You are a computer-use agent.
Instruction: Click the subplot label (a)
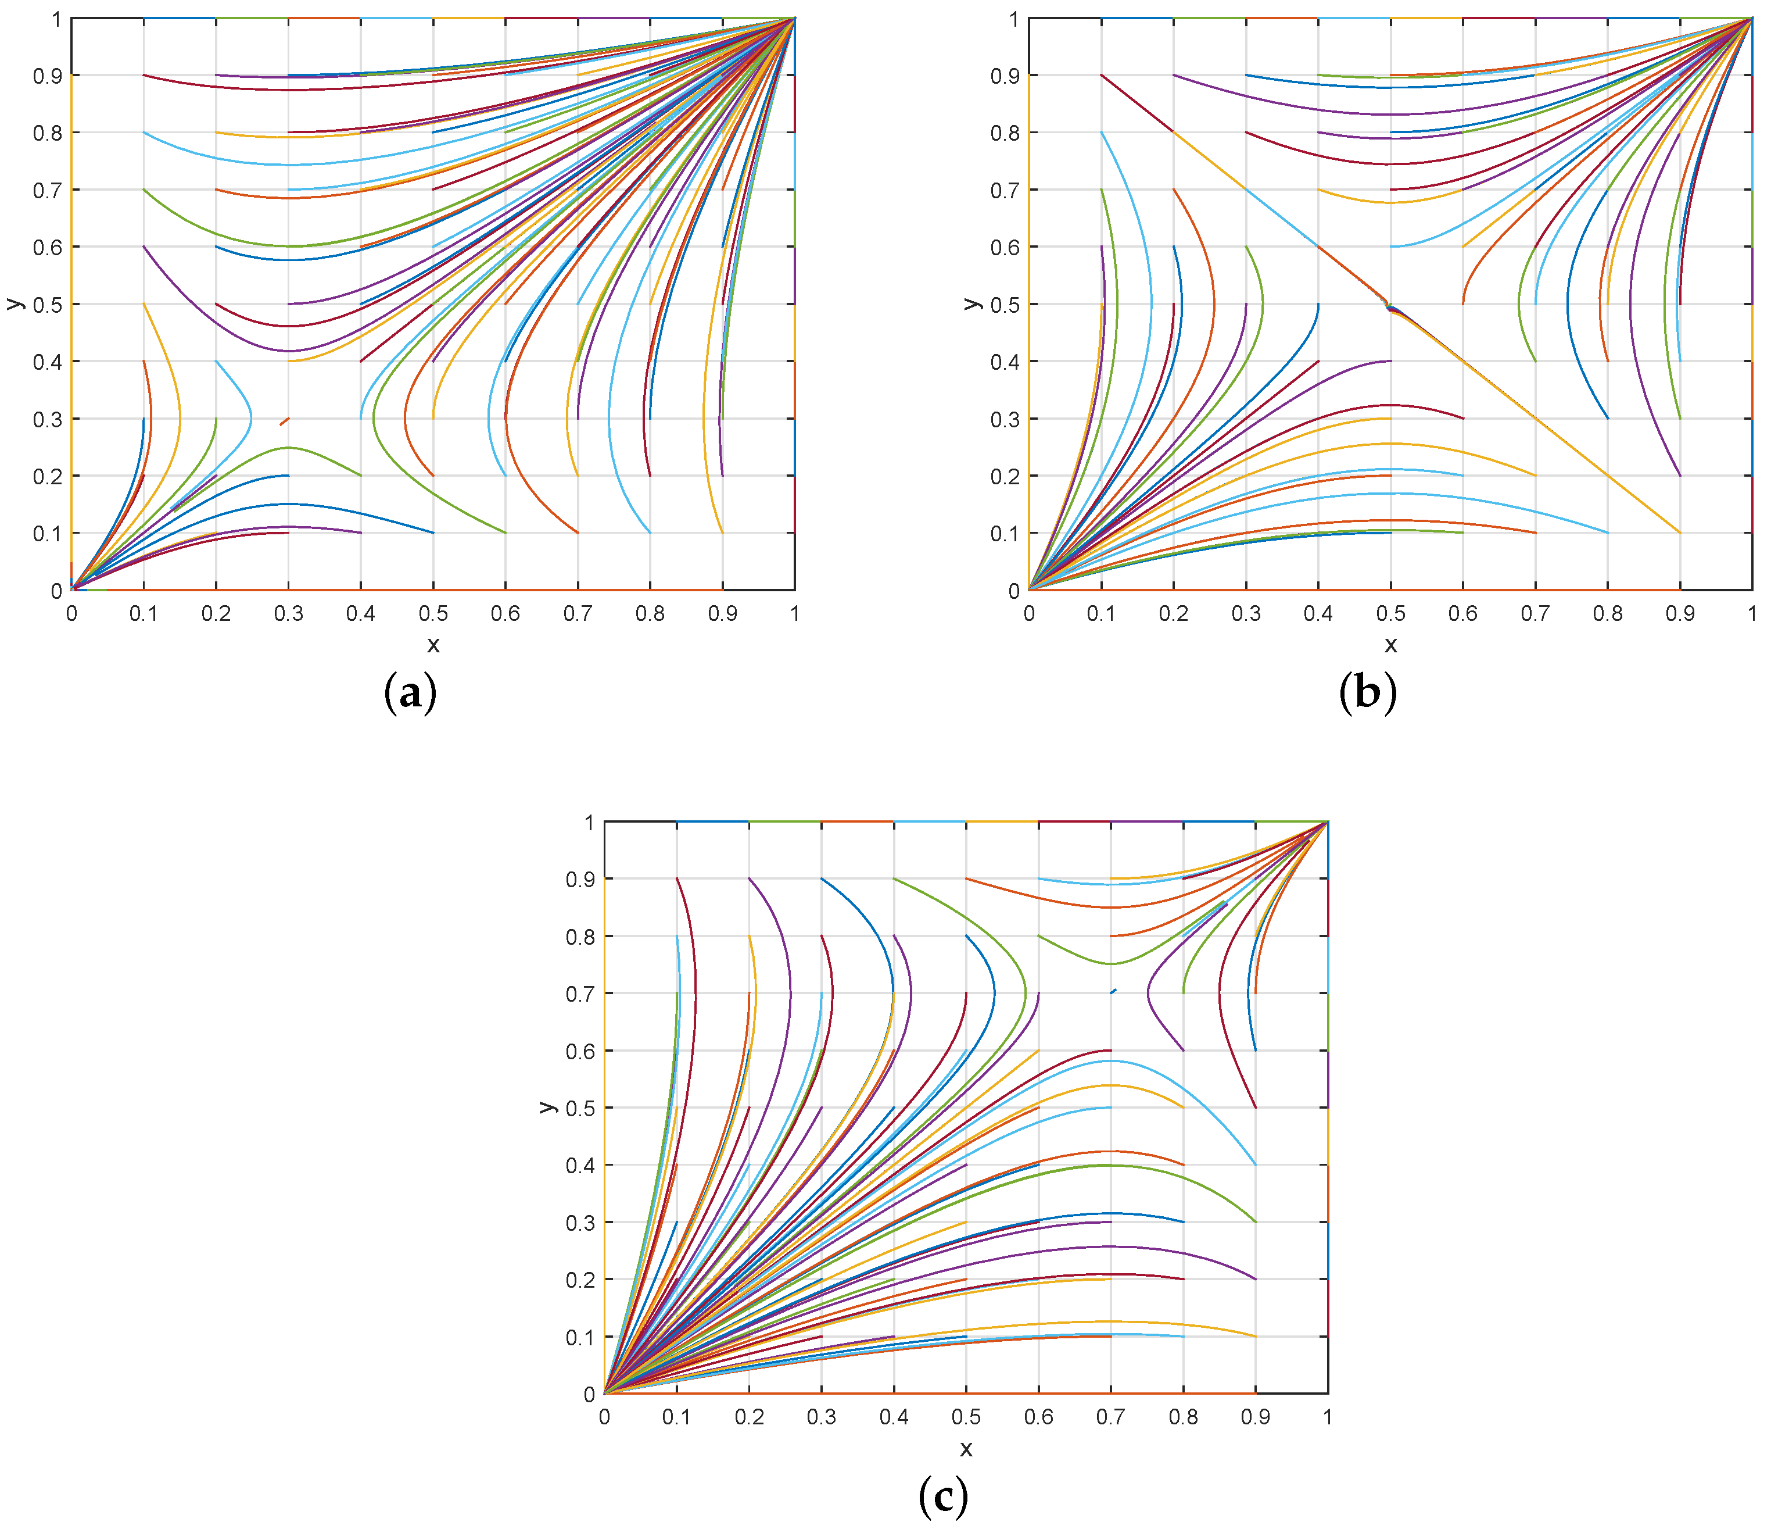(411, 692)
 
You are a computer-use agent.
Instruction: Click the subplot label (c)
(943, 1496)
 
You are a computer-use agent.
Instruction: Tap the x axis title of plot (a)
(433, 645)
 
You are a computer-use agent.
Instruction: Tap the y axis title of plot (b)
(971, 303)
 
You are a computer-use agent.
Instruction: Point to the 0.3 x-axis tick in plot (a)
(288, 613)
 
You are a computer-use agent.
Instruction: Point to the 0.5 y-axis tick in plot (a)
(48, 305)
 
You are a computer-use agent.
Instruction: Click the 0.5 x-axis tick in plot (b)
(1390, 613)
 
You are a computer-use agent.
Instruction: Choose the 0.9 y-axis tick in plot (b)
(1005, 76)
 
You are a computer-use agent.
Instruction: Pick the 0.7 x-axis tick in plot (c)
(1110, 1417)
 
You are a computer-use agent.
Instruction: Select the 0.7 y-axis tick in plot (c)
(580, 994)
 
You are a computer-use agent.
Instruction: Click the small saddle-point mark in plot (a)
(285, 421)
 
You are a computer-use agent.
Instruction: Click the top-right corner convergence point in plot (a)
(795, 18)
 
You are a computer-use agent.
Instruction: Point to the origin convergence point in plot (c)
(605, 1393)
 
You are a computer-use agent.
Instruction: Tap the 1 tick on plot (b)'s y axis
(1014, 19)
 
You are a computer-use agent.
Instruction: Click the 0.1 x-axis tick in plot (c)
(676, 1417)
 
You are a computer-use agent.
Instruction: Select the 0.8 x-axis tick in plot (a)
(650, 613)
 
